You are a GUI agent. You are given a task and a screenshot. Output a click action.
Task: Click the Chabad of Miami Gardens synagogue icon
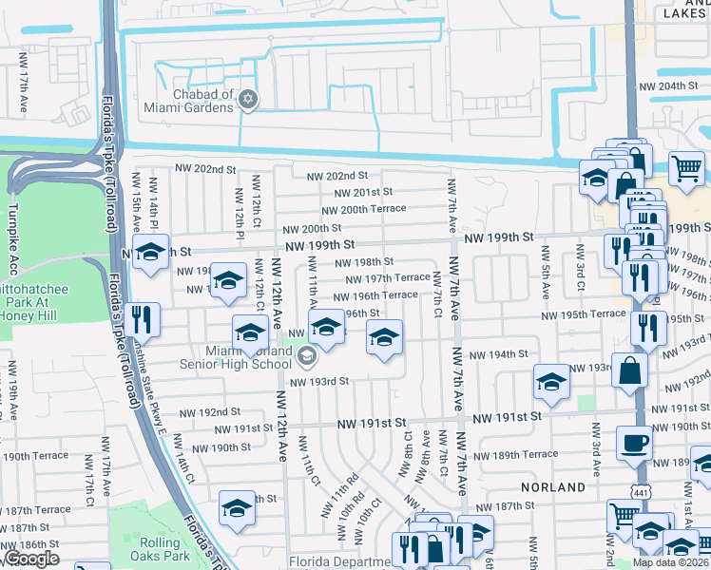pyautogui.click(x=249, y=100)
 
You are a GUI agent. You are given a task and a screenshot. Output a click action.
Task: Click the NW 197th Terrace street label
pyautogui.click(x=387, y=278)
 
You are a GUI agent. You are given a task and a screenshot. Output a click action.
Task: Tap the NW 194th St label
pyautogui.click(x=503, y=354)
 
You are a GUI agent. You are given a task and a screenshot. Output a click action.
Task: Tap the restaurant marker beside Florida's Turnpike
pyautogui.click(x=144, y=318)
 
